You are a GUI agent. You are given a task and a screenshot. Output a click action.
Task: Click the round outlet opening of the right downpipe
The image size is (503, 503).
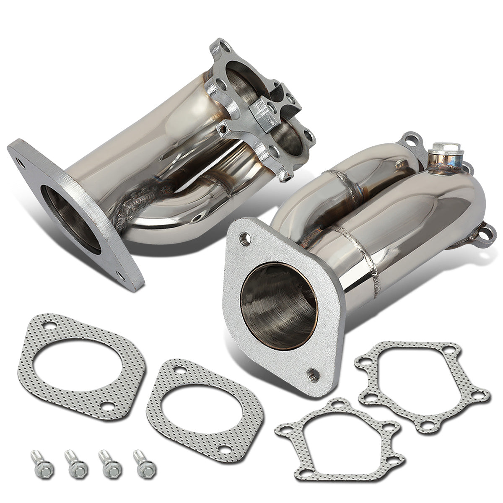pos(279,306)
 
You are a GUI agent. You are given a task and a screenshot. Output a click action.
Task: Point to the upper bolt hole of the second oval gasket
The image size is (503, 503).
pos(179,371)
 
